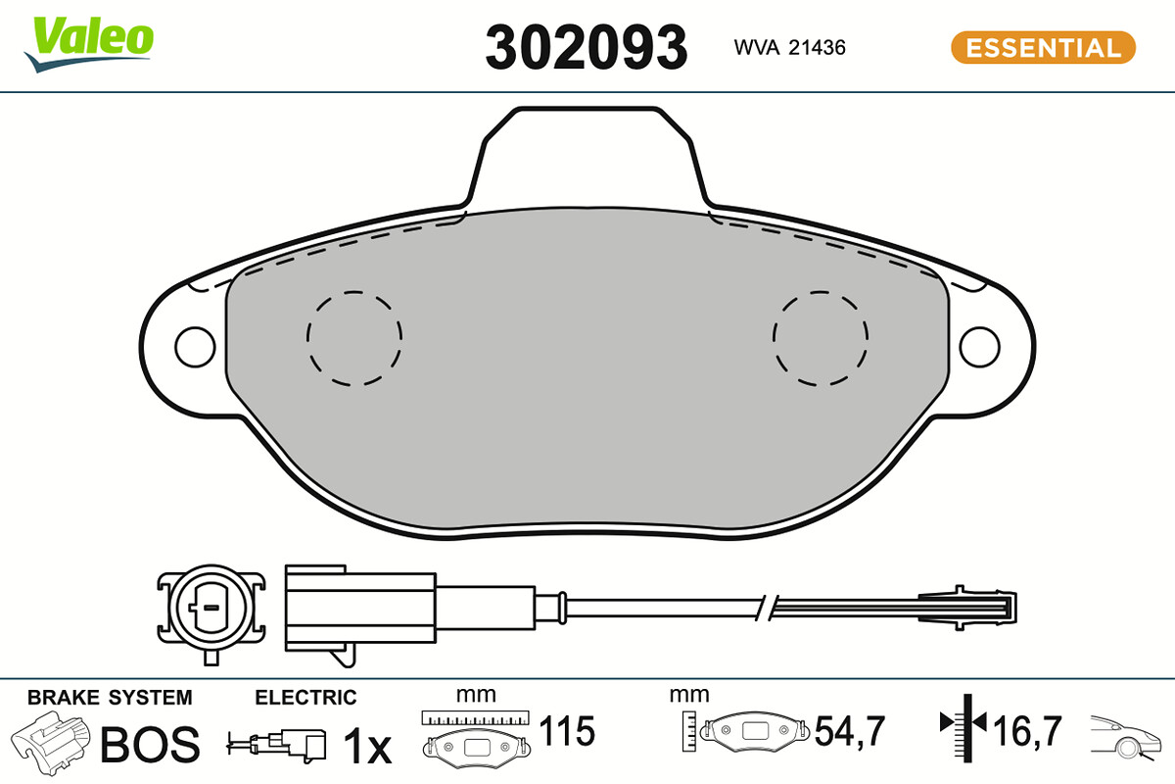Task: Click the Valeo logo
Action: coord(89,44)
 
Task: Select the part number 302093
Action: coord(586,48)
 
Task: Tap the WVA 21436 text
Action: coord(789,48)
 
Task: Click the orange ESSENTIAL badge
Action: coord(1044,48)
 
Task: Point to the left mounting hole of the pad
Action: coord(195,347)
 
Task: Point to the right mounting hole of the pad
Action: coord(979,347)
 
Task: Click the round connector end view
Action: coord(211,610)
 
